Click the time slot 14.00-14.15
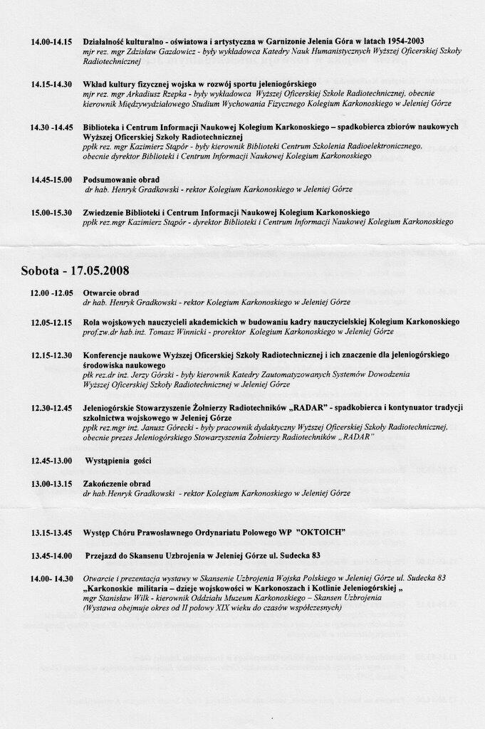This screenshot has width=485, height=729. (x=51, y=41)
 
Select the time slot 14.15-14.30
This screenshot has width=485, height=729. (x=51, y=84)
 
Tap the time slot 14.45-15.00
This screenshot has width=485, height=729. (x=51, y=179)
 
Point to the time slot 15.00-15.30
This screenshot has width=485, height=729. (x=51, y=212)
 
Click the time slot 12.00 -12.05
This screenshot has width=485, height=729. (x=51, y=293)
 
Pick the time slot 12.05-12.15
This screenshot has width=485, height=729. (x=51, y=322)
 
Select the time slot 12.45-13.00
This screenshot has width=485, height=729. (x=51, y=461)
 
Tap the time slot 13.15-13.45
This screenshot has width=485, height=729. (x=51, y=533)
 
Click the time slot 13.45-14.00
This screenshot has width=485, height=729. (x=51, y=555)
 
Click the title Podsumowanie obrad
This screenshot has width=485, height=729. (x=121, y=179)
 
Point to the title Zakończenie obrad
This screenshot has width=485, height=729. (x=117, y=484)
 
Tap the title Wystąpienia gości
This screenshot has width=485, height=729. (x=118, y=461)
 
